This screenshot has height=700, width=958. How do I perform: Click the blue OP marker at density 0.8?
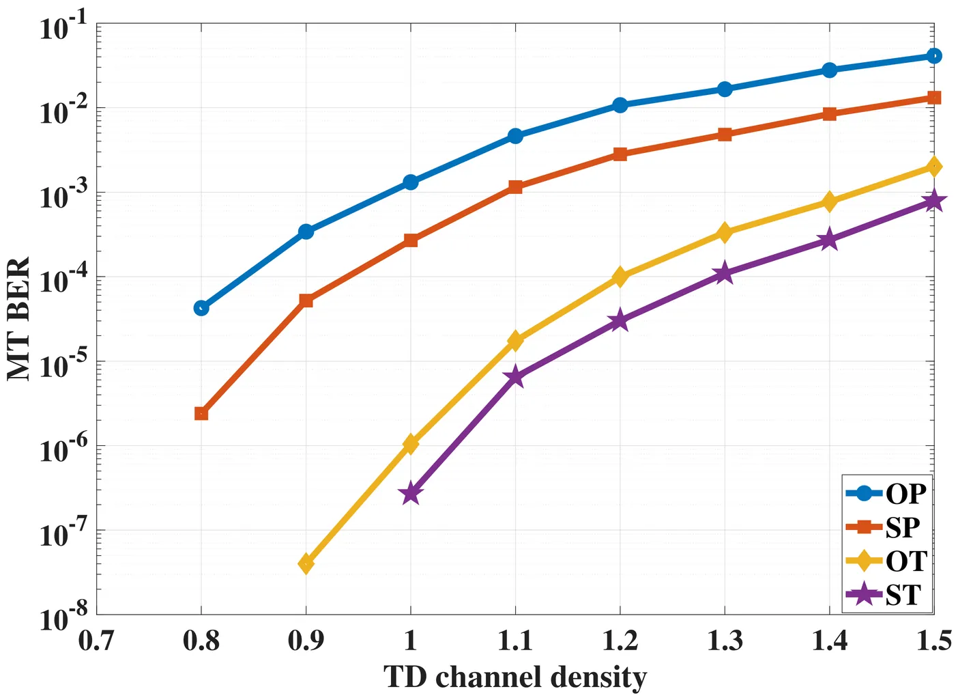(201, 308)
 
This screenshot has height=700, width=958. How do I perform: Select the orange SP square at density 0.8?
(201, 413)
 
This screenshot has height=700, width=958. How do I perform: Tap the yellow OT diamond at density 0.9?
(306, 563)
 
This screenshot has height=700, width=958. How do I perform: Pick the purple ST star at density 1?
(411, 494)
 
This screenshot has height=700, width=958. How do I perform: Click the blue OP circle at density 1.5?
(934, 55)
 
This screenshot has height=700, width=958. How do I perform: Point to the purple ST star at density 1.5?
(934, 201)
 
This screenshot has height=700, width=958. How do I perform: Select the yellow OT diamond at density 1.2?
(620, 277)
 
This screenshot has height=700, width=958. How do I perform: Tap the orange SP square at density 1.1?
(515, 187)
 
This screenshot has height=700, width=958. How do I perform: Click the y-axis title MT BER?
(19, 319)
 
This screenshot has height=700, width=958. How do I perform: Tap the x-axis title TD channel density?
(515, 677)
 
